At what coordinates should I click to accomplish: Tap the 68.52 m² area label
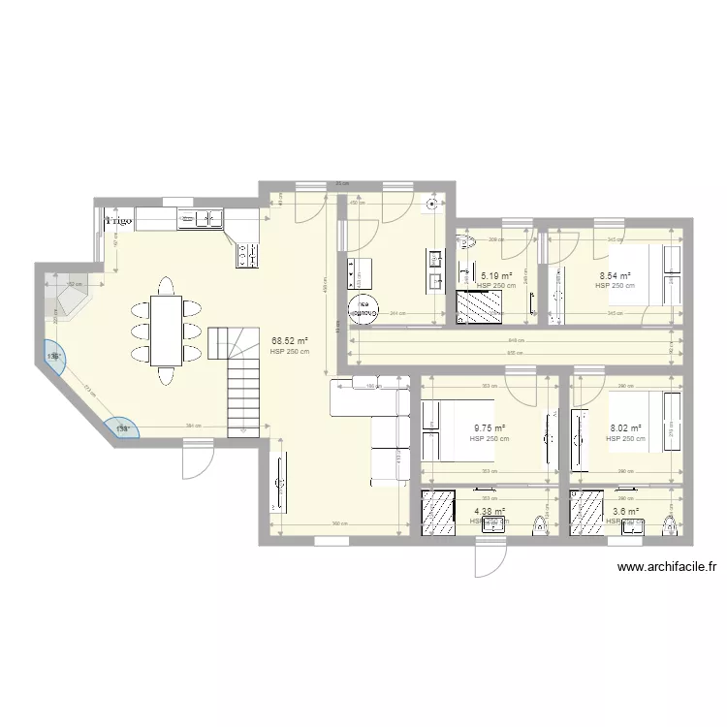(x=290, y=340)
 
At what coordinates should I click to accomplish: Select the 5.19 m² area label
(x=495, y=276)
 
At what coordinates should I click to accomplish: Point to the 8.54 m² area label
(x=615, y=276)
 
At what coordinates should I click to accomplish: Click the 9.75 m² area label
(x=489, y=428)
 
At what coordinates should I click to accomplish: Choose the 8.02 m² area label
(x=625, y=428)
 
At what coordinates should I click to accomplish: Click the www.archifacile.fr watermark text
(x=666, y=569)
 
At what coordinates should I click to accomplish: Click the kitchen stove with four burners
(x=246, y=254)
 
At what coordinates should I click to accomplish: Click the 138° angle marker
(x=123, y=427)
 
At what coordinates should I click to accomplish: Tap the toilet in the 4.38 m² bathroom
(x=539, y=523)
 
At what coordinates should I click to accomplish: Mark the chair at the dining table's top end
(x=166, y=286)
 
